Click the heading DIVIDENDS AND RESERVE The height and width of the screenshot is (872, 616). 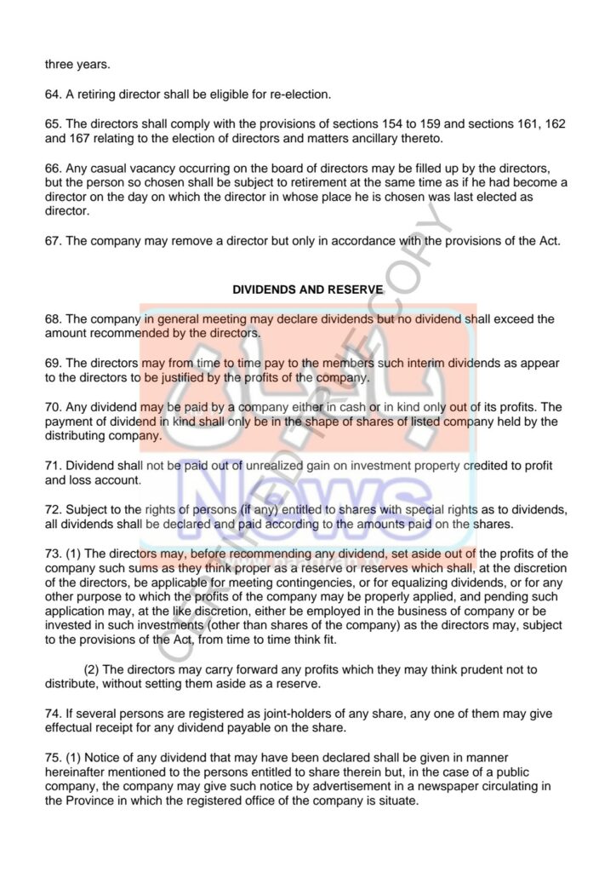pos(307,290)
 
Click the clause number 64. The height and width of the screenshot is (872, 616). pos(53,94)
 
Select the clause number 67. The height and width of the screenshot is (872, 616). pos(53,241)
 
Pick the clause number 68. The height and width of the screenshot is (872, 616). pos(53,319)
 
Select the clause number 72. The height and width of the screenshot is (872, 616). pos(53,509)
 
